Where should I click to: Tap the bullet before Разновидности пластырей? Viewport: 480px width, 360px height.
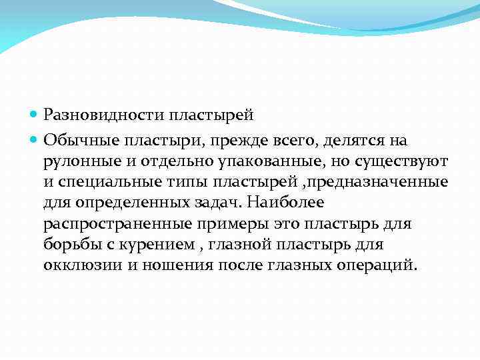tap(35, 115)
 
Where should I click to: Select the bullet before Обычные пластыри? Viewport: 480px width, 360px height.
tap(35, 140)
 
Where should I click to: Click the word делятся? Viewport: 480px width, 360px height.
tap(351, 140)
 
